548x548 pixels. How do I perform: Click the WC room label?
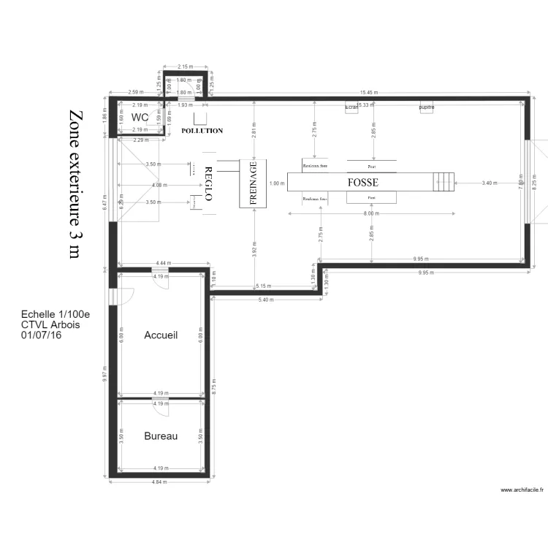click(x=140, y=117)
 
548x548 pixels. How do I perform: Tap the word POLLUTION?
click(x=202, y=131)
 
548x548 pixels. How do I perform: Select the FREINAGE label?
click(x=254, y=182)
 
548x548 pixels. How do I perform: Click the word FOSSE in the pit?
click(x=362, y=182)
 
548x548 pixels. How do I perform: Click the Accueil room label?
click(x=161, y=335)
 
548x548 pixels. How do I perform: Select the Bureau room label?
click(x=161, y=435)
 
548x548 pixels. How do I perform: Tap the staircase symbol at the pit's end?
click(x=443, y=182)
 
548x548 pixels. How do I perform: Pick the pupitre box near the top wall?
click(x=427, y=107)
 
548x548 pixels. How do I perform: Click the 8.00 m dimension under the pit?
click(x=371, y=213)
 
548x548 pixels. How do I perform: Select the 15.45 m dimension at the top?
click(x=367, y=93)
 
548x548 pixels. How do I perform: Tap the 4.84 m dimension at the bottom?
click(x=159, y=482)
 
